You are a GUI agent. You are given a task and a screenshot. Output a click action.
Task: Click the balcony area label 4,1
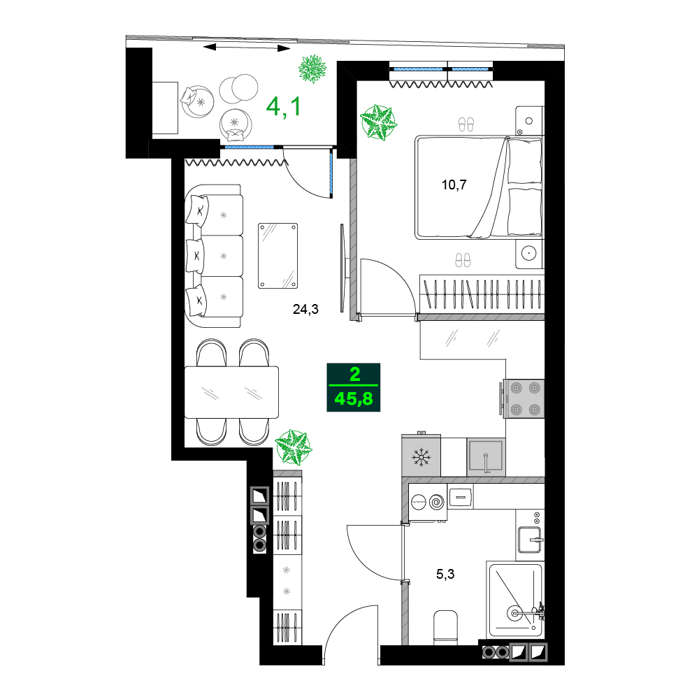[284, 106]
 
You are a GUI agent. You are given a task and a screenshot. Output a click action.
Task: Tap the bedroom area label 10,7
[454, 185]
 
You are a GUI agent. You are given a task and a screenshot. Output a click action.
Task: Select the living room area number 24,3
[305, 310]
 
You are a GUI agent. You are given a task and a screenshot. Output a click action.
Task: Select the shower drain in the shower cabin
[515, 613]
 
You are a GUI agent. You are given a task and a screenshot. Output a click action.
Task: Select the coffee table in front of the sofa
[278, 256]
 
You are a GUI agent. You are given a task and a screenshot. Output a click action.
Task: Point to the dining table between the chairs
[231, 391]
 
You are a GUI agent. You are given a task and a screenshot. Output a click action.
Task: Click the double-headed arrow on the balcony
[248, 48]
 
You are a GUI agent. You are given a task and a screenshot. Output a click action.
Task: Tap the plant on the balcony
[312, 69]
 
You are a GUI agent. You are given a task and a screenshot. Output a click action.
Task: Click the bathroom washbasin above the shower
[530, 539]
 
